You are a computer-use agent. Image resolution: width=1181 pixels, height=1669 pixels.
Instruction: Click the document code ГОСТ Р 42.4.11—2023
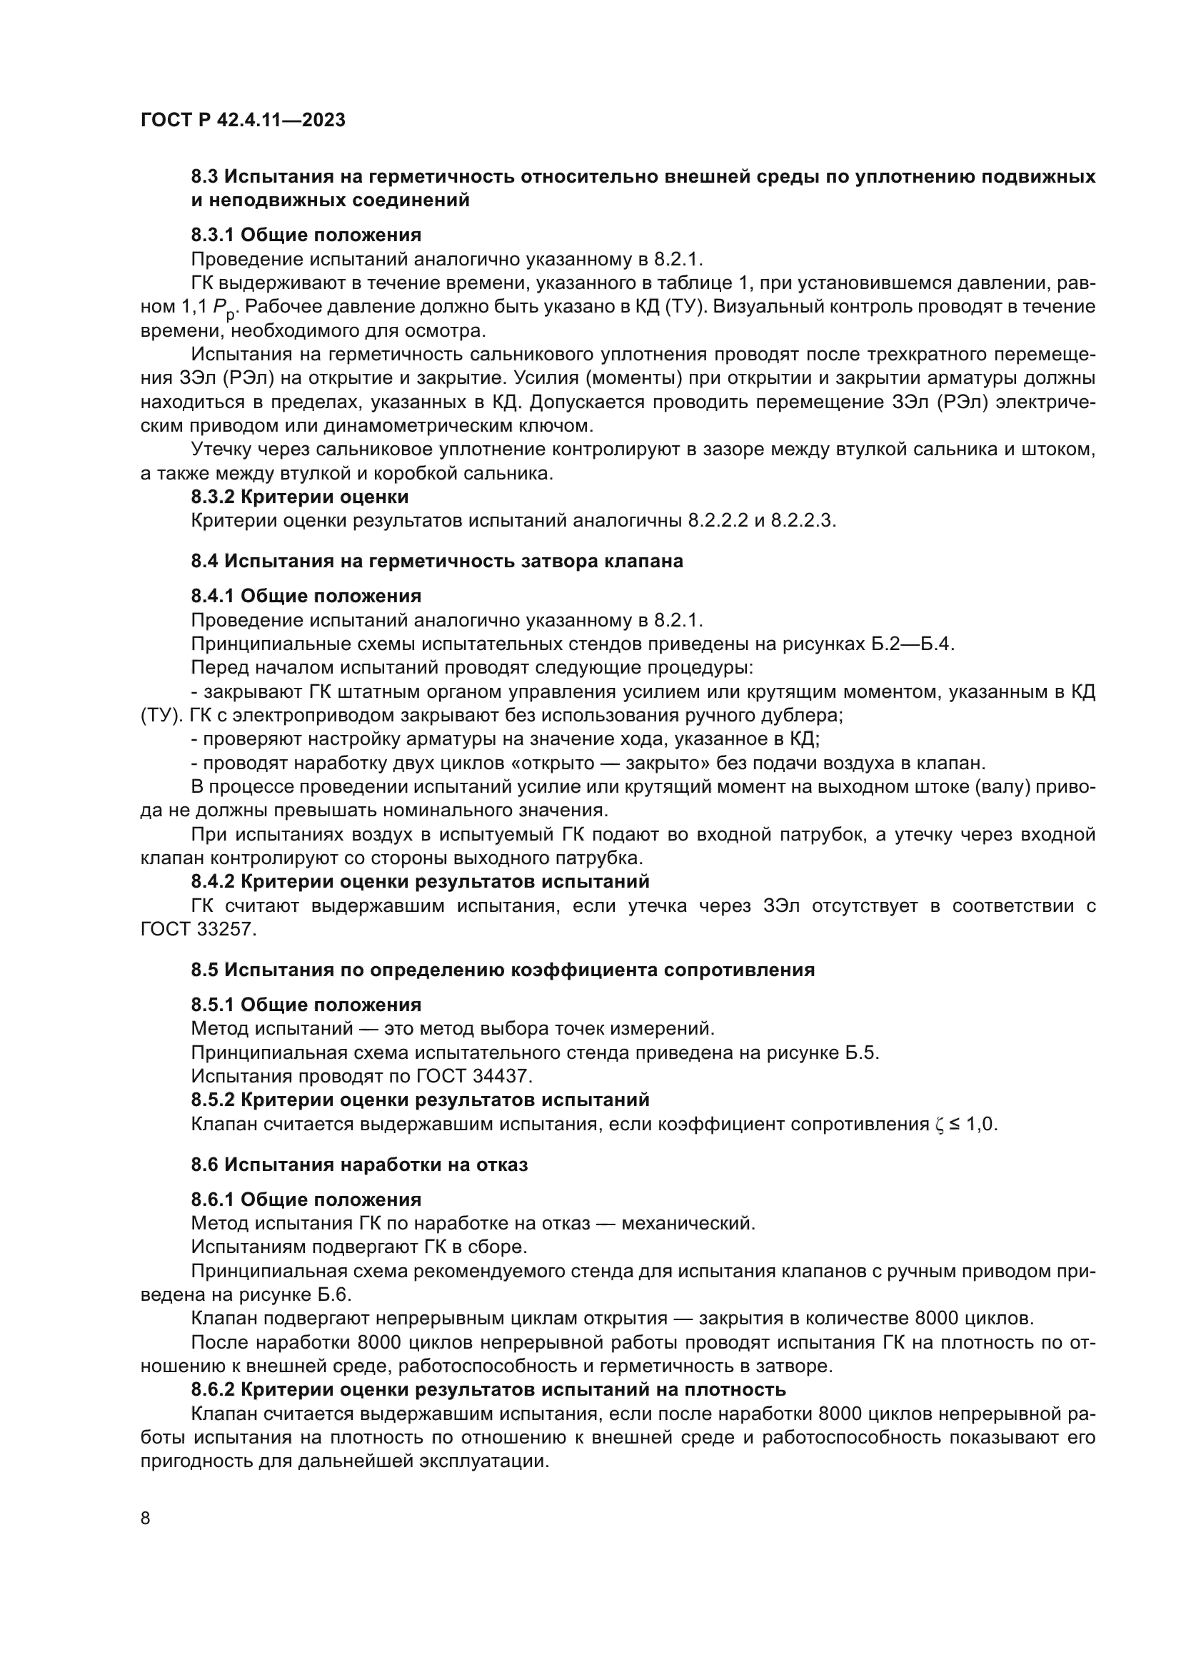pos(243,120)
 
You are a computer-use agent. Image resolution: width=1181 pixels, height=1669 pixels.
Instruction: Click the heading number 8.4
pos(204,561)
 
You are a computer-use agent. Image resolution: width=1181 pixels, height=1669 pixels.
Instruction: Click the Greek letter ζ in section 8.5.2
pos(939,1125)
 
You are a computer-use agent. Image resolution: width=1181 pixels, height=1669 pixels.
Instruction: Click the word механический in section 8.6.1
pos(687,1224)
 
